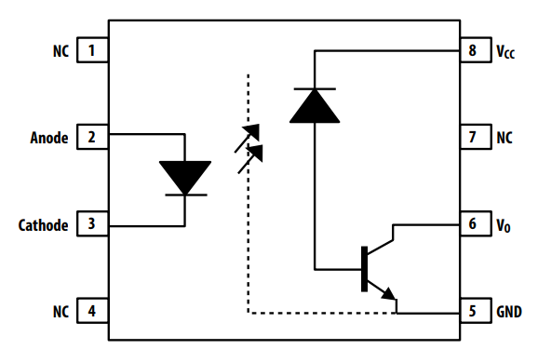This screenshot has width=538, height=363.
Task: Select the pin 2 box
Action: coord(92,138)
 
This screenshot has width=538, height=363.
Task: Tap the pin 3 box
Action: coord(92,224)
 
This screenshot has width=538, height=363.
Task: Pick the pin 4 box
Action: coord(92,311)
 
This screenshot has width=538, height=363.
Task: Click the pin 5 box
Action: coord(473,311)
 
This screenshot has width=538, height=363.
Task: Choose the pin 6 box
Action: coord(473,224)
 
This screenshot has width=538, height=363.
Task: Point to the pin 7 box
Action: coord(473,138)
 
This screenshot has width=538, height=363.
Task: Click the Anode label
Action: coord(49,138)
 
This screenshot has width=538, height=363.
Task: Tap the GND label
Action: coord(509,311)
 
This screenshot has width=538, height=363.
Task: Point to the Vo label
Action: coord(503,225)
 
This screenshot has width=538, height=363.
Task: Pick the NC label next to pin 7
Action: coord(504,138)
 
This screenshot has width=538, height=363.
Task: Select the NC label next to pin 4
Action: coord(61,311)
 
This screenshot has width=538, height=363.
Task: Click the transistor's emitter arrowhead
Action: coord(390,295)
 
